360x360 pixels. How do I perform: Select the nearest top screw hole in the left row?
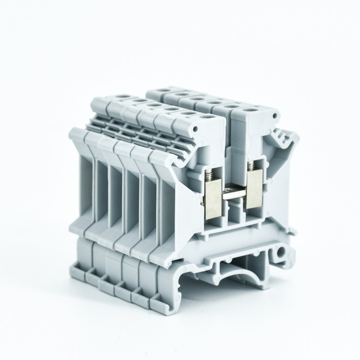coord(206,116)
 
